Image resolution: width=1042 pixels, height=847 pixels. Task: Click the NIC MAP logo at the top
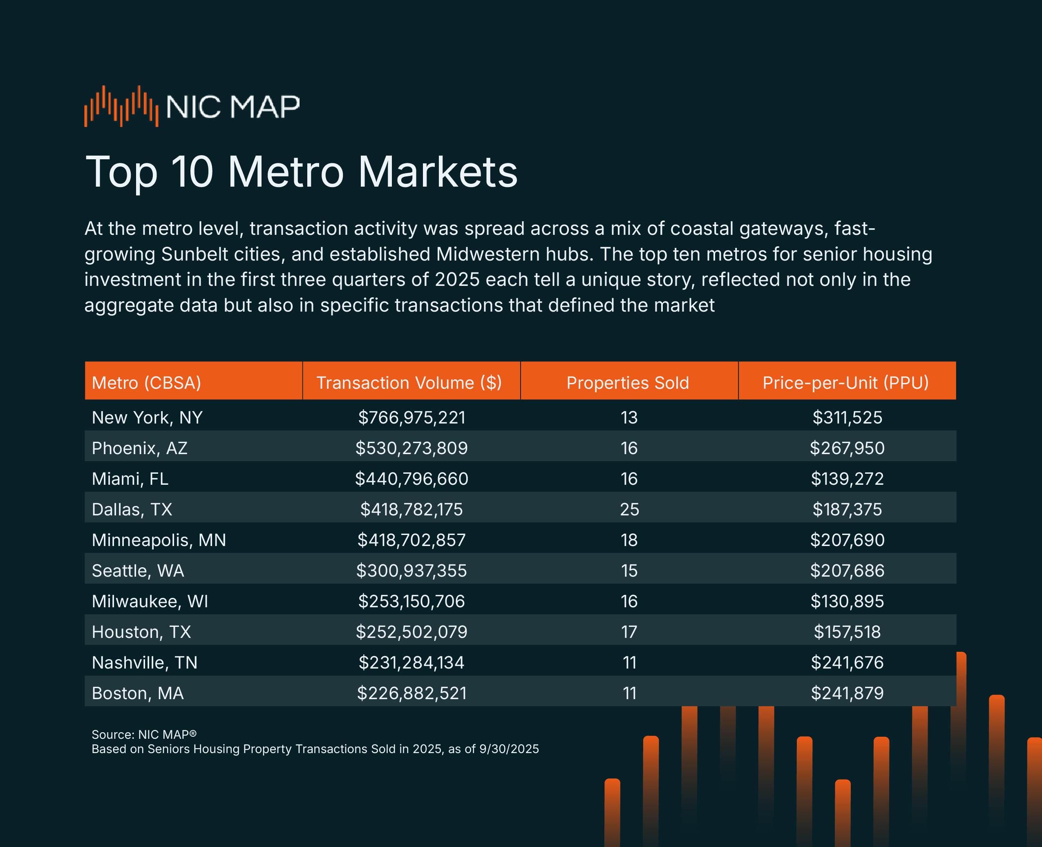(192, 106)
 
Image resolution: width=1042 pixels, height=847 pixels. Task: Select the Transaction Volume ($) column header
(409, 383)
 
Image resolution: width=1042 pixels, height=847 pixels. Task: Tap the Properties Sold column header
(628, 383)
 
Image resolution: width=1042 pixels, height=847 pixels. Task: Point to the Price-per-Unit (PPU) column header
(846, 383)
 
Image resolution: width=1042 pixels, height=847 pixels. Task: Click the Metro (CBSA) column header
(146, 383)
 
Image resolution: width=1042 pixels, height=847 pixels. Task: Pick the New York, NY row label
(147, 418)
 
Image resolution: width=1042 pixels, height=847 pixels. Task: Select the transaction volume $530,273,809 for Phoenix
(411, 448)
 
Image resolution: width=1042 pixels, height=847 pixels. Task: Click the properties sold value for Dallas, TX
(629, 509)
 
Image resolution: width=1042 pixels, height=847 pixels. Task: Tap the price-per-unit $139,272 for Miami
(847, 479)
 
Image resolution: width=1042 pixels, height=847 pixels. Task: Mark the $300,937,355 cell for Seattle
(411, 571)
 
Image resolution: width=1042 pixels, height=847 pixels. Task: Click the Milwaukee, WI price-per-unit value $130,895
(847, 601)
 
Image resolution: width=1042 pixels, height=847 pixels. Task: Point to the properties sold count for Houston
(629, 632)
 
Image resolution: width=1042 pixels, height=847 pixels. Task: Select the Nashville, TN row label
(145, 662)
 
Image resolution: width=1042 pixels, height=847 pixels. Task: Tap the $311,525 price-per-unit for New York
(847, 418)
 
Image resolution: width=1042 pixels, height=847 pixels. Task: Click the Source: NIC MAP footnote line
(144, 734)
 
